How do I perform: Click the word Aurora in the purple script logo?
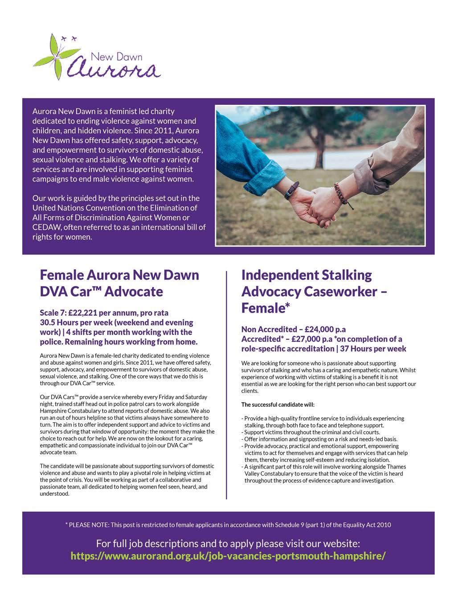(113, 69)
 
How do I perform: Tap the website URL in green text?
(228, 556)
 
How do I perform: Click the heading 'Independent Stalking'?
(307, 275)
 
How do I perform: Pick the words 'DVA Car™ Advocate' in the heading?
(101, 292)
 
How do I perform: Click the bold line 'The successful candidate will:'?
(278, 405)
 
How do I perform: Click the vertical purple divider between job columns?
(227, 383)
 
